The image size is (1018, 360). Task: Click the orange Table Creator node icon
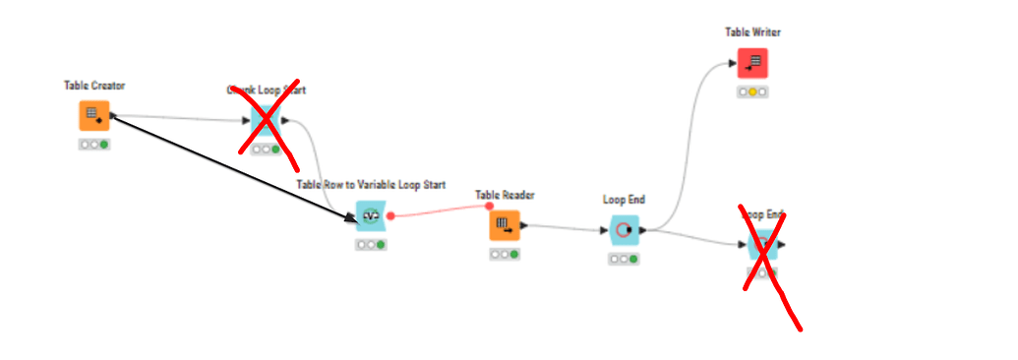93,115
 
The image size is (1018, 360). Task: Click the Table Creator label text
94,86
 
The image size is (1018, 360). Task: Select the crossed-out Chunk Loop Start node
265,121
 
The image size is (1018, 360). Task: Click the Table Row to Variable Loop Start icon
371,216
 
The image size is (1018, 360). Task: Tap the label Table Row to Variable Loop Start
371,185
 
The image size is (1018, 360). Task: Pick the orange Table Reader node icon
505,225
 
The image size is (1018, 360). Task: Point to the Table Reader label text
505,195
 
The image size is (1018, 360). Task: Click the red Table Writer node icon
752,63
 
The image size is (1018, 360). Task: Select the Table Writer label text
752,32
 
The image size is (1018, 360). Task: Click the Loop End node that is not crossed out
624,230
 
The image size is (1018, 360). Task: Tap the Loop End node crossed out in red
762,244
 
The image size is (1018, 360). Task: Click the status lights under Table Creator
94,145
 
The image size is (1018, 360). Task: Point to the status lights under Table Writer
752,91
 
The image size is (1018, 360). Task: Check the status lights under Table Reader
505,254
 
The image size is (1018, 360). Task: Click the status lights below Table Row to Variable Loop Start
371,245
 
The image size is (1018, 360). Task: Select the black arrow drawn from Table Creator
231,164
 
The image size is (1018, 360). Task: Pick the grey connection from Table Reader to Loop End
565,228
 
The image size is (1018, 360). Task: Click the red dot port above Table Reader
490,206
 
